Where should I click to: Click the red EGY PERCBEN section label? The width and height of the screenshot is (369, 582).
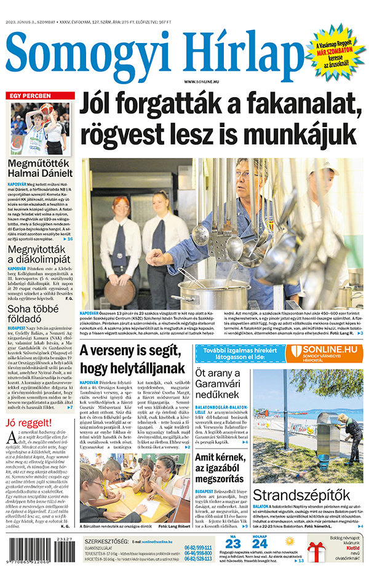pyautogui.click(x=30, y=96)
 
